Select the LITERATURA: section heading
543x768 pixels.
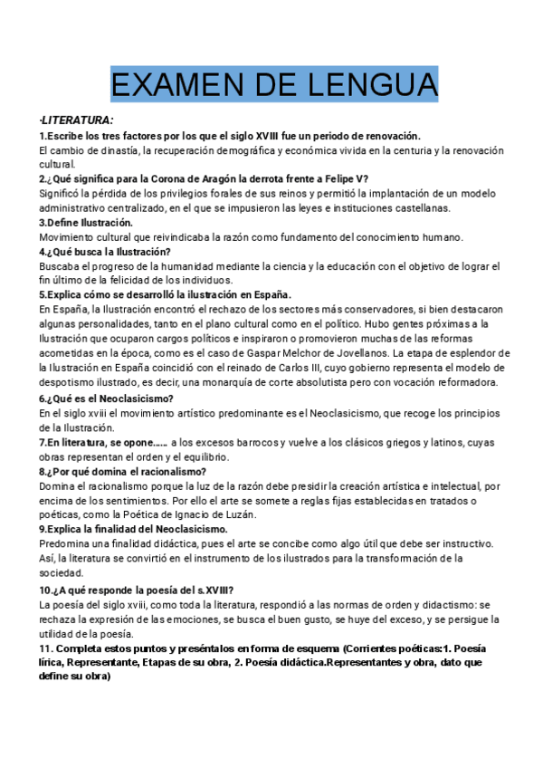pos(77,120)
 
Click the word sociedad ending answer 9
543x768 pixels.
pos(62,573)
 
